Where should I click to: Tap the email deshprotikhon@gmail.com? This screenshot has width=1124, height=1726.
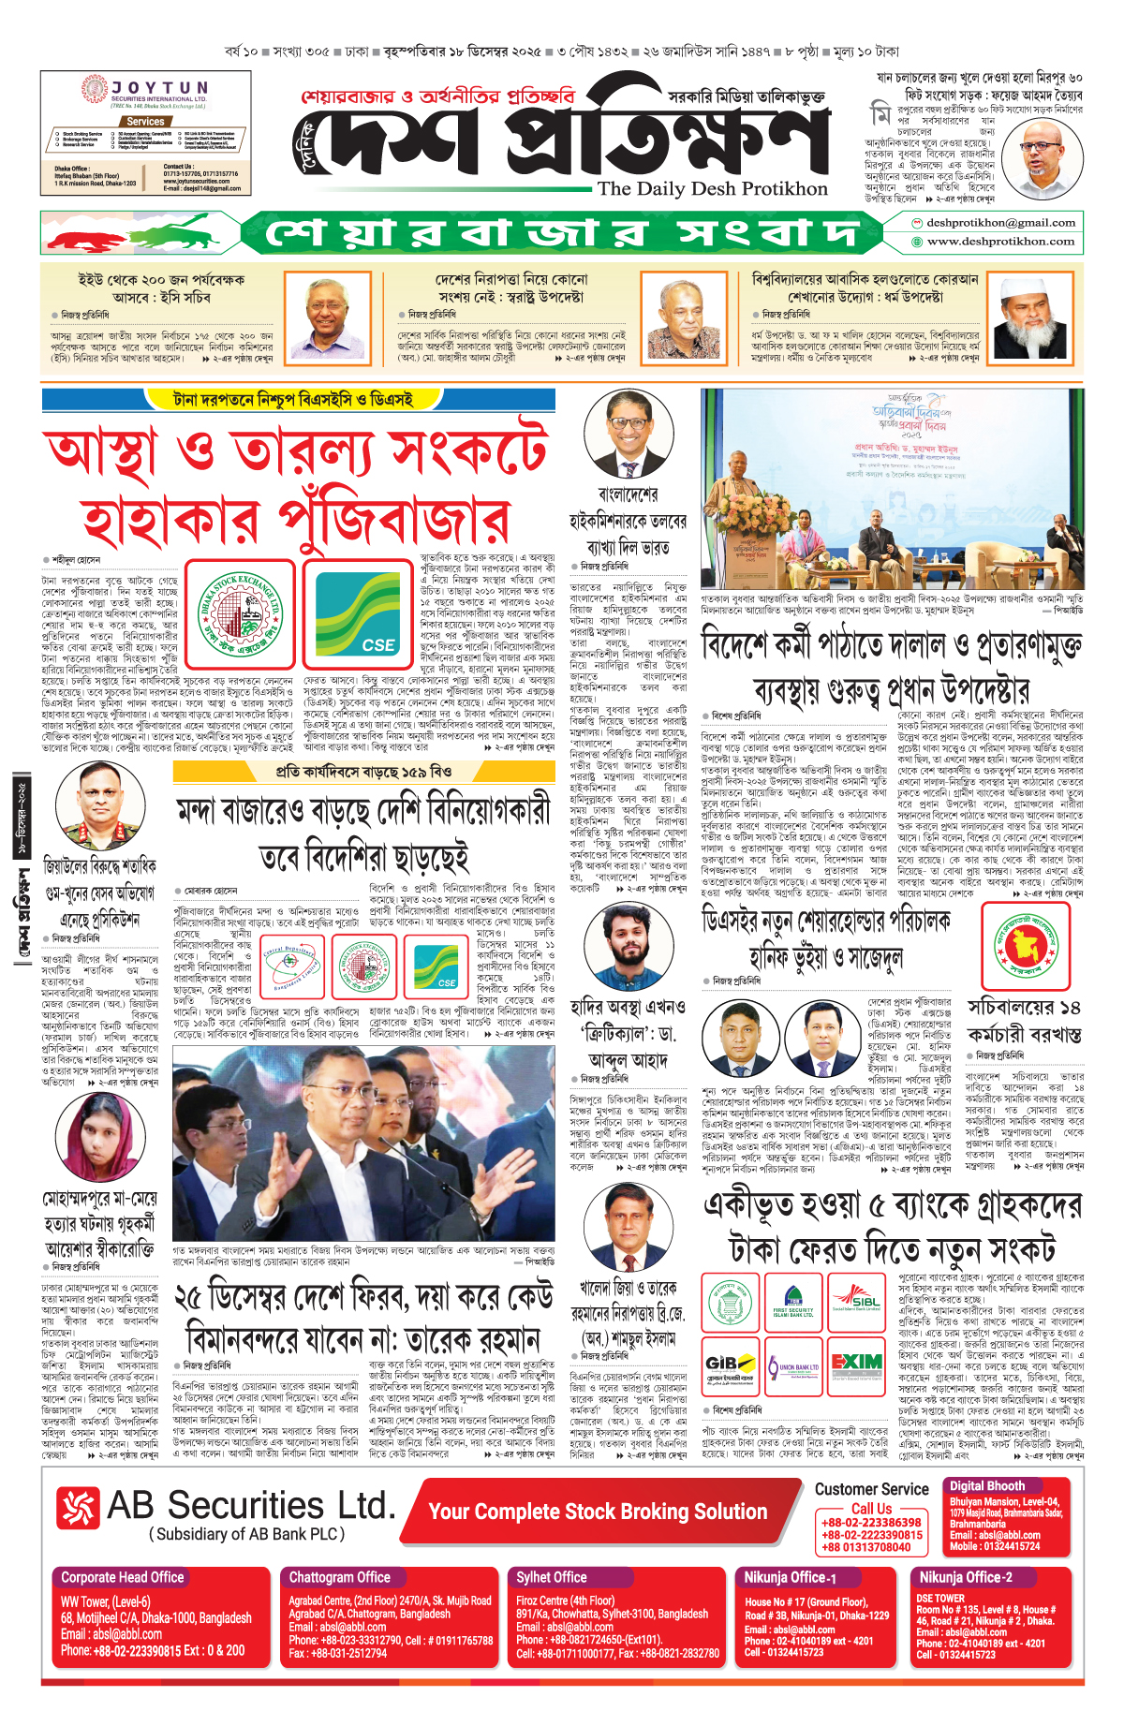(x=1000, y=223)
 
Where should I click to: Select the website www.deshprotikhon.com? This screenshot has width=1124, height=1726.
(x=1000, y=242)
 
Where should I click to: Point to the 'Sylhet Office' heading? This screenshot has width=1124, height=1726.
(x=551, y=1577)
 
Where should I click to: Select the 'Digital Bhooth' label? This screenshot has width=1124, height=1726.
(x=986, y=1485)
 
